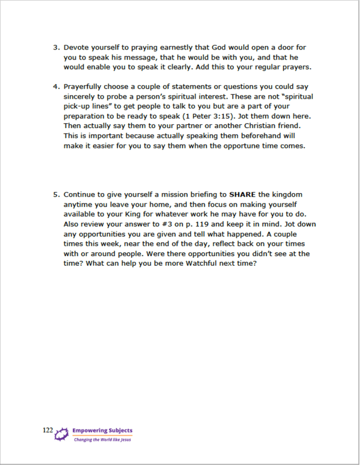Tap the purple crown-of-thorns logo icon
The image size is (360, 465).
tap(62, 434)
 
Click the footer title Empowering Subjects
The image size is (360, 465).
tap(102, 430)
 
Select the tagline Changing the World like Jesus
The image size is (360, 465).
tap(102, 439)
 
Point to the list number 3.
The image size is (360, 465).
tap(55, 48)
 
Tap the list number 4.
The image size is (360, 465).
tap(55, 87)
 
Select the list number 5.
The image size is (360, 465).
tap(55, 195)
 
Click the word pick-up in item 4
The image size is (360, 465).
tap(78, 107)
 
